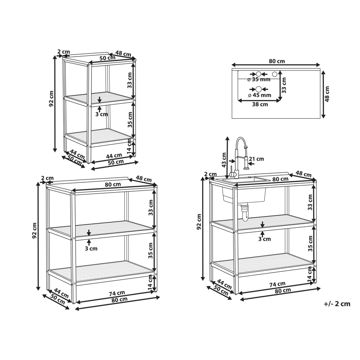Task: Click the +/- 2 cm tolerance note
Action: (x=337, y=304)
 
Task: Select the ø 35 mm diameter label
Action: (x=259, y=80)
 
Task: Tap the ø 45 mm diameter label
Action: (x=260, y=95)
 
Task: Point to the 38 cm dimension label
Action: (x=260, y=104)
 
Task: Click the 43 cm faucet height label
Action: (x=224, y=160)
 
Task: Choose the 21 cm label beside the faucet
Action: (x=256, y=159)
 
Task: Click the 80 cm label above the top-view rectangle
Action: (x=277, y=61)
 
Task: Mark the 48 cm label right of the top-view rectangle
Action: (x=327, y=94)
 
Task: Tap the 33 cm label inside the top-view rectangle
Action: (x=284, y=85)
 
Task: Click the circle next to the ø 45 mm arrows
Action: (x=259, y=89)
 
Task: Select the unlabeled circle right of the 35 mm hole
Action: (x=274, y=74)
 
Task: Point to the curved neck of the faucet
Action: (x=241, y=143)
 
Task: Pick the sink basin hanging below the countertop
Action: (x=244, y=196)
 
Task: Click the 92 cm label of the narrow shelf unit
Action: (x=51, y=99)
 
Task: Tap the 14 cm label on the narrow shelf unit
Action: (x=129, y=147)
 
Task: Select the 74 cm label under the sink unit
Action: (x=277, y=284)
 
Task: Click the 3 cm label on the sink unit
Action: (x=265, y=239)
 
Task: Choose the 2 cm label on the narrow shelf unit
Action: (x=63, y=52)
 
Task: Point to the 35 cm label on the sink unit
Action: (x=310, y=243)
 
